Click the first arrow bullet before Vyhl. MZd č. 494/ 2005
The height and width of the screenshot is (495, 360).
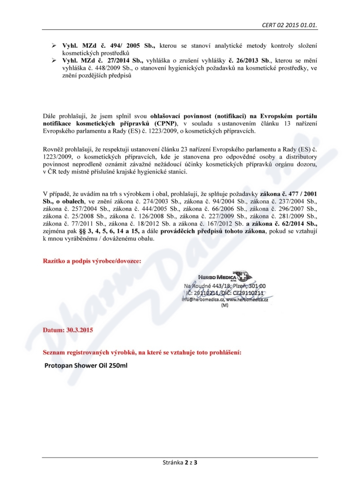coord(53,46)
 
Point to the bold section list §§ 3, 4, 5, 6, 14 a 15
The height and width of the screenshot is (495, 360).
coord(107,231)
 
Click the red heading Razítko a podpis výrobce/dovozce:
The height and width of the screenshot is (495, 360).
coord(92,261)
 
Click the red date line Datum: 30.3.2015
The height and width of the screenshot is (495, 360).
coord(67,330)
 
